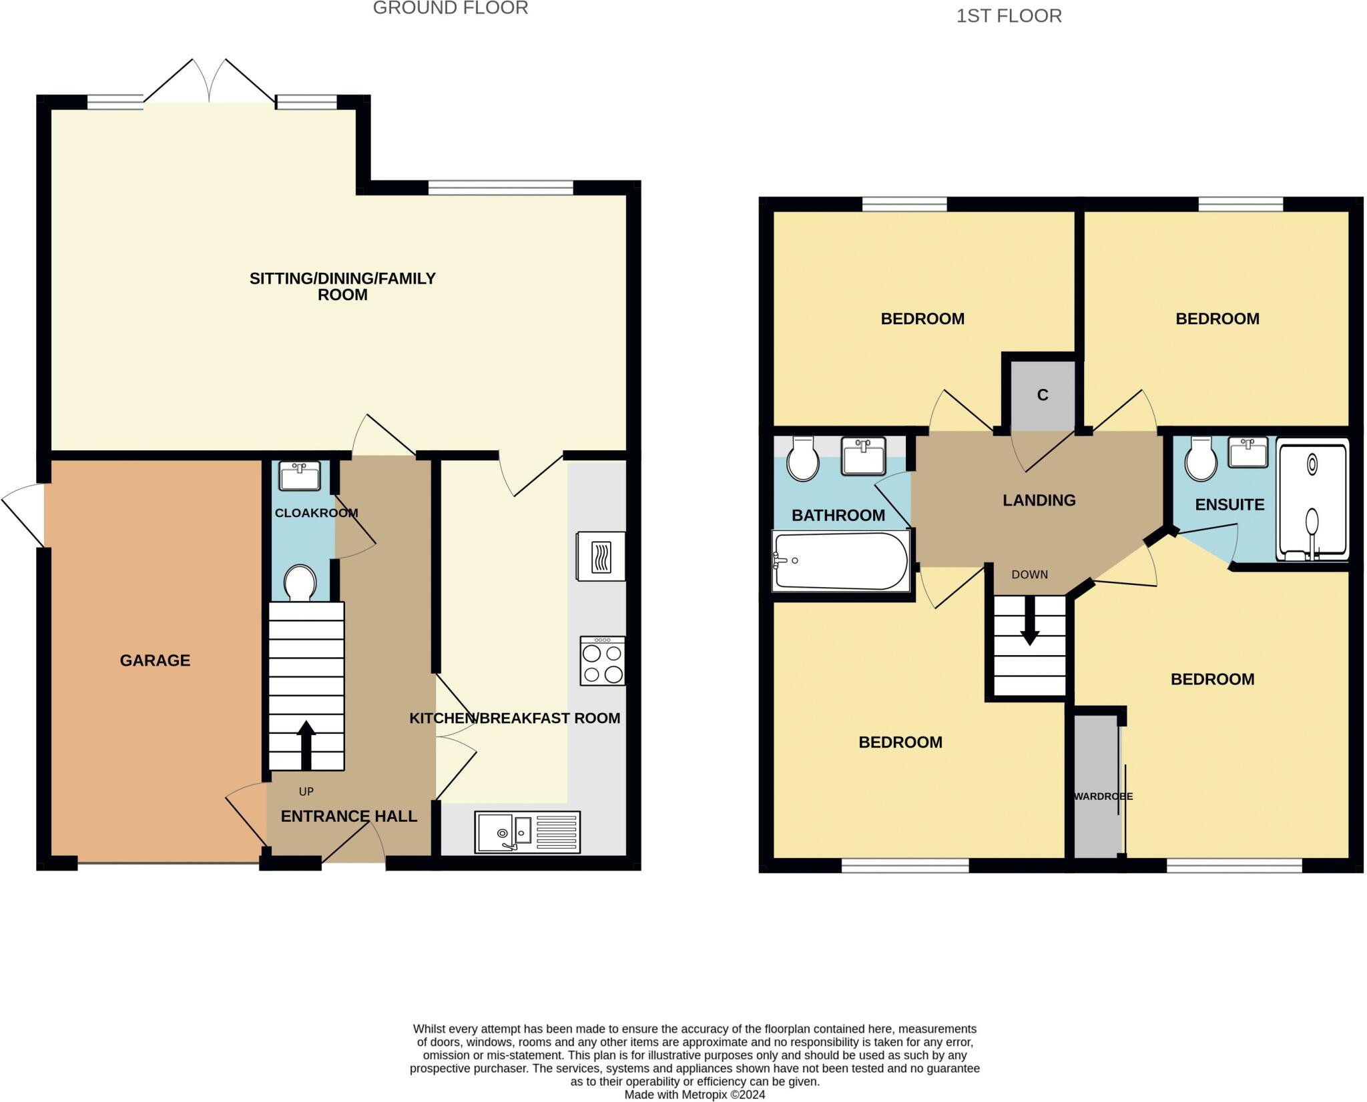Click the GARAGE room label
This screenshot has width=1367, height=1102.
click(155, 660)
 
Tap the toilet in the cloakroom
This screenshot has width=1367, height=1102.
click(300, 583)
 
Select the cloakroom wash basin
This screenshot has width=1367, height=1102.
click(300, 476)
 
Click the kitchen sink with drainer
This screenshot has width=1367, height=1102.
click(527, 832)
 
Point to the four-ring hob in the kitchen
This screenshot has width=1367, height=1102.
click(603, 661)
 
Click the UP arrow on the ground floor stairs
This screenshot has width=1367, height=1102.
click(306, 745)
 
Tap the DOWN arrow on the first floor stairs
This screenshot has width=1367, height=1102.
click(1029, 621)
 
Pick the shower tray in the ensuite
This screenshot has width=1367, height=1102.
click(1312, 498)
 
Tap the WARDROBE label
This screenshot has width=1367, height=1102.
click(1103, 796)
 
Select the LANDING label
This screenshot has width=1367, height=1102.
click(1039, 500)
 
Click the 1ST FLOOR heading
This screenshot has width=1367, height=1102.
click(1009, 16)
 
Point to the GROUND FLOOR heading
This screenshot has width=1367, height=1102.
click(451, 8)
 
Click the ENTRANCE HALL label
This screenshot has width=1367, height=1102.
click(349, 816)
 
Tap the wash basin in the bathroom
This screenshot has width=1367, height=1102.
click(863, 456)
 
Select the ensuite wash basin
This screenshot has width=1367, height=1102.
click(1248, 452)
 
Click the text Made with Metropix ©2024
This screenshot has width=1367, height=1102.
click(695, 1095)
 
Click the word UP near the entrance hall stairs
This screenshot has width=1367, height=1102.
click(306, 792)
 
